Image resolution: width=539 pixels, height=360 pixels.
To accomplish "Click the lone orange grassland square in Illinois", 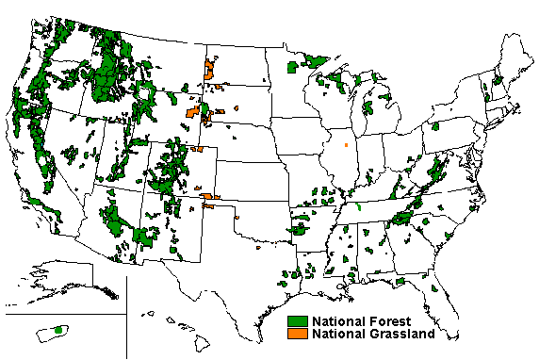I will pyautogui.click(x=346, y=145).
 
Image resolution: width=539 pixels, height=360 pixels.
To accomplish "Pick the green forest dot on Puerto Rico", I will pyautogui.click(x=58, y=330).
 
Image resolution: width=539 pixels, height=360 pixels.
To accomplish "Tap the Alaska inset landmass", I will pyautogui.click(x=66, y=278).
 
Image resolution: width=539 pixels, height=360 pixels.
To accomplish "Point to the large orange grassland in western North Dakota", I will pyautogui.click(x=209, y=69).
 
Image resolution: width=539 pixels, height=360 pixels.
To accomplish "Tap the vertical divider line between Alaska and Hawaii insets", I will pyautogui.click(x=139, y=311).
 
